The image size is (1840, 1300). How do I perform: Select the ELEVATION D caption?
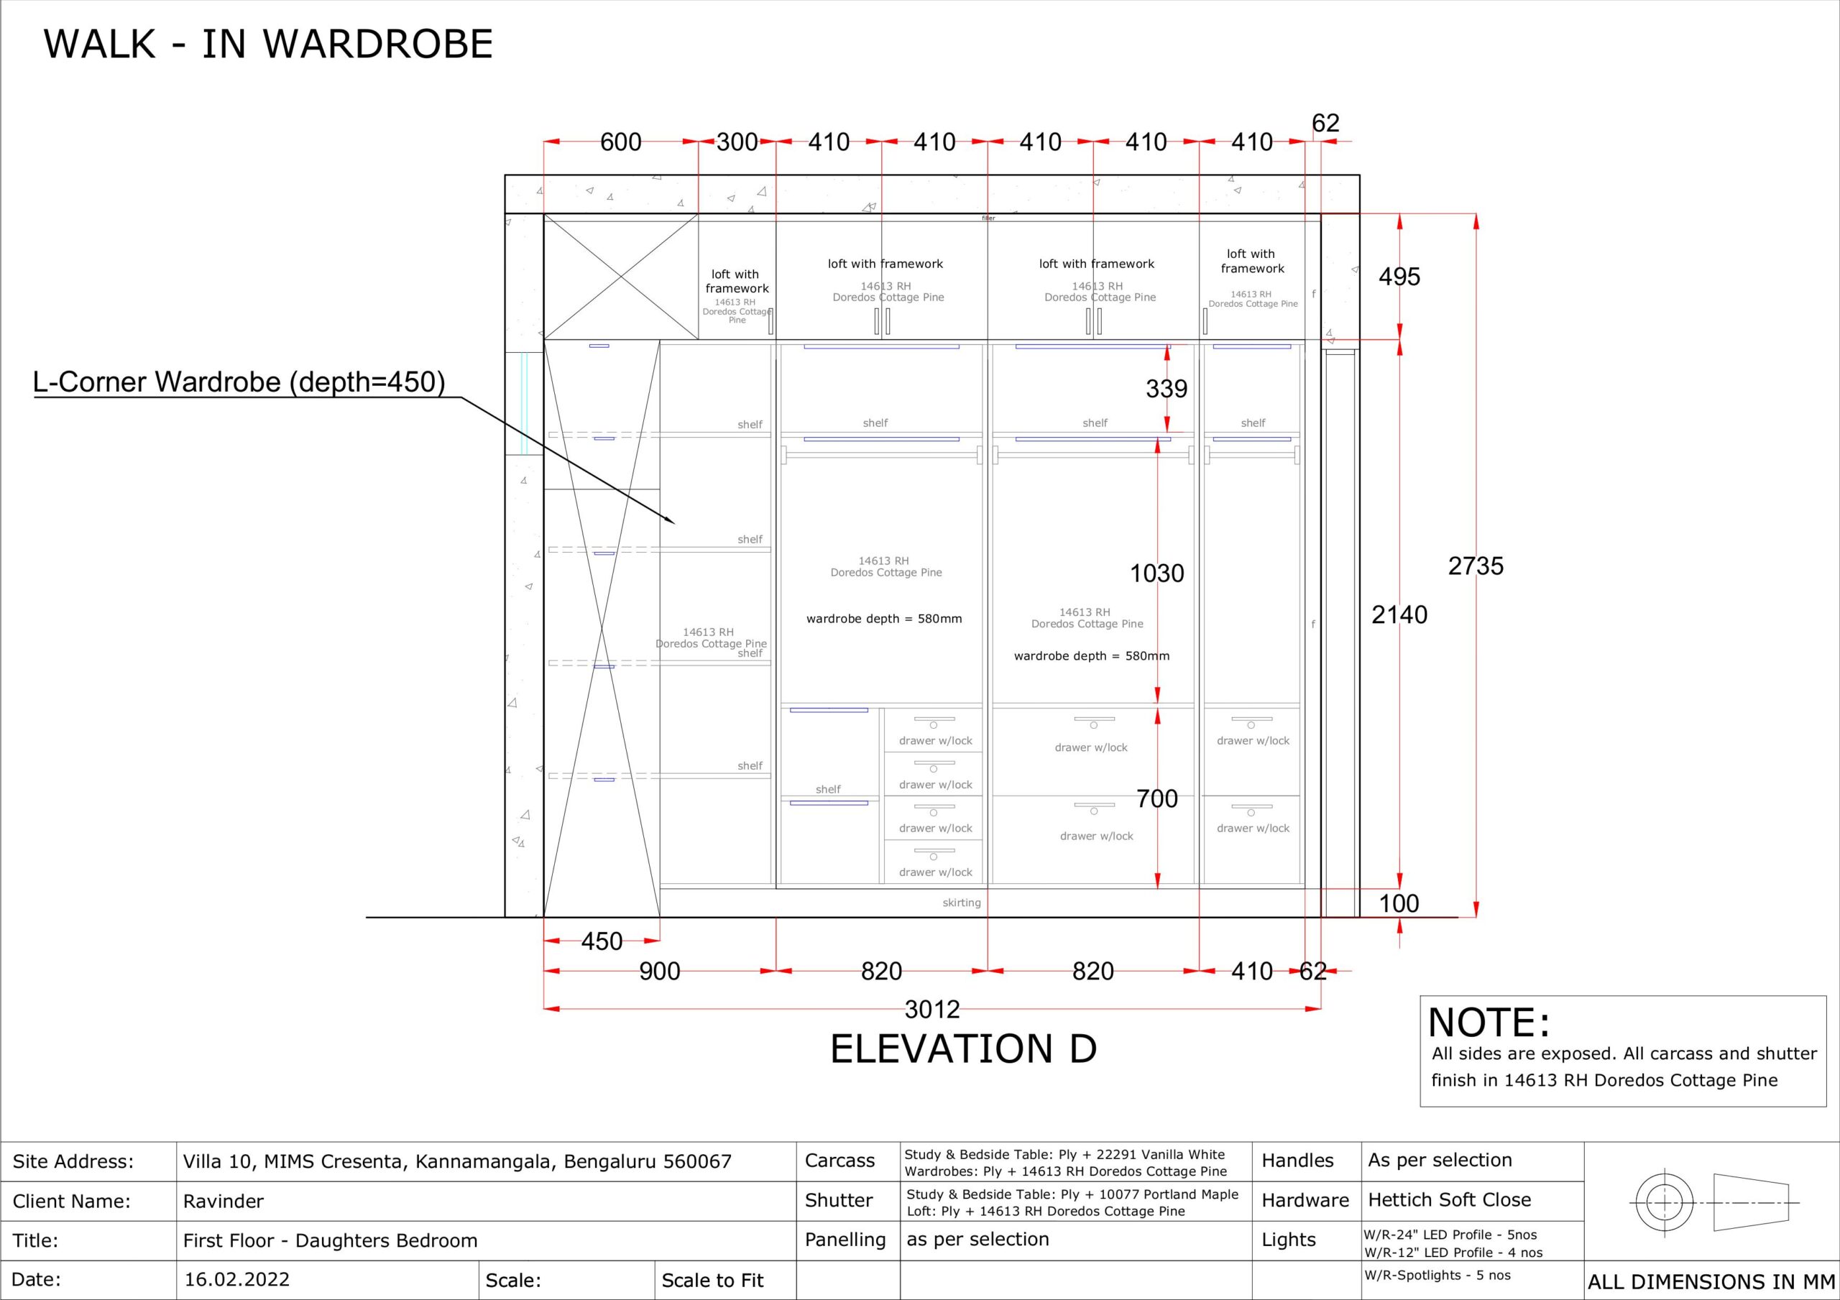pyautogui.click(x=962, y=1048)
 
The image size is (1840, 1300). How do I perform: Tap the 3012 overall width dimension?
pyautogui.click(x=932, y=1009)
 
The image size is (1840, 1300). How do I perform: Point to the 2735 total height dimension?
pyautogui.click(x=1476, y=566)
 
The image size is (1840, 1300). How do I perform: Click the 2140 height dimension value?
pyautogui.click(x=1399, y=614)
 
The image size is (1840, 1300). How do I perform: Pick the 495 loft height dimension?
pyautogui.click(x=1399, y=277)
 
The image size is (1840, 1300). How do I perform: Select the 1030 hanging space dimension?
pyautogui.click(x=1156, y=573)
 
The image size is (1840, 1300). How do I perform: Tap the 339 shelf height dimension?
pyautogui.click(x=1166, y=389)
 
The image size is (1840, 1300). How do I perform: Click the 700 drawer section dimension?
pyautogui.click(x=1156, y=798)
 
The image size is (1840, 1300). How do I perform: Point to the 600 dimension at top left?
pyautogui.click(x=620, y=142)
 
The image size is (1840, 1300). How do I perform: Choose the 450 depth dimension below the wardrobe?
pyautogui.click(x=601, y=941)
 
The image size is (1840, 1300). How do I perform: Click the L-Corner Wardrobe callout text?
pyautogui.click(x=239, y=382)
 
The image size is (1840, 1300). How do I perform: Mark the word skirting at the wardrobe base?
pyautogui.click(x=961, y=903)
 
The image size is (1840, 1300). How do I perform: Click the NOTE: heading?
pyautogui.click(x=1489, y=1023)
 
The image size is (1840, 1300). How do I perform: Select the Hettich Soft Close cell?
pyautogui.click(x=1449, y=1200)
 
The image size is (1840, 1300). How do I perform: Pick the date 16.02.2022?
pyautogui.click(x=236, y=1279)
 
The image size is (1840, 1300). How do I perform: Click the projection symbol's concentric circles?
pyautogui.click(x=1663, y=1203)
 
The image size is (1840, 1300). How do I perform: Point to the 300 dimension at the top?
pyautogui.click(x=737, y=142)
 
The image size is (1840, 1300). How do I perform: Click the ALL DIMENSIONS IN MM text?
pyautogui.click(x=1711, y=1281)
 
